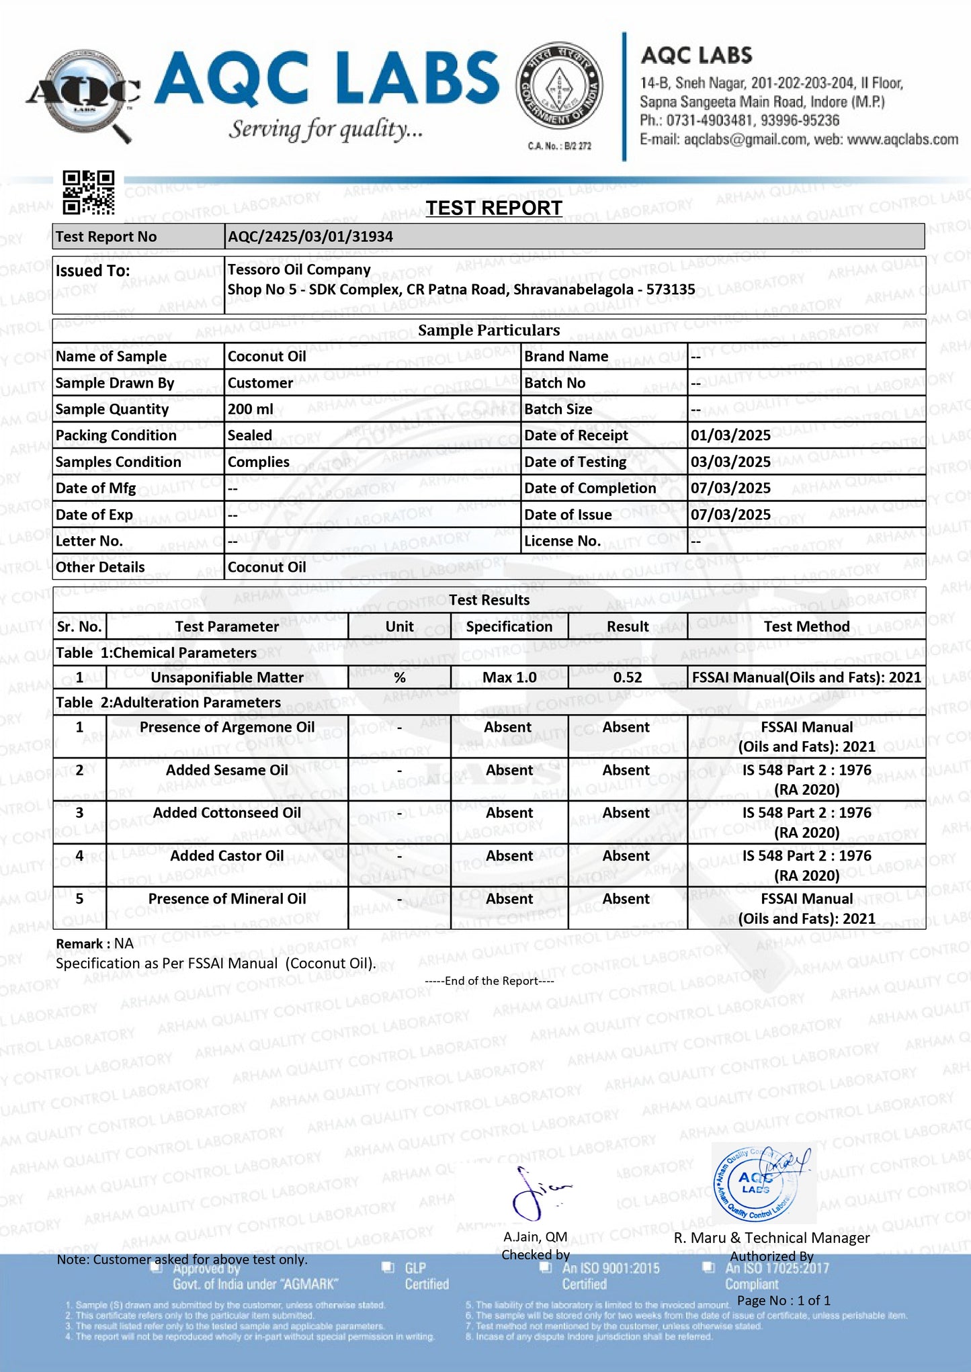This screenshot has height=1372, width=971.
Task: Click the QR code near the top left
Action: coord(88,192)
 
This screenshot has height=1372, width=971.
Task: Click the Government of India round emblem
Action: coord(559,87)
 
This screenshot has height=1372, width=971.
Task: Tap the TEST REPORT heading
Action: coord(494,208)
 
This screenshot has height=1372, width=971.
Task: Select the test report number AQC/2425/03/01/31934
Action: coord(310,237)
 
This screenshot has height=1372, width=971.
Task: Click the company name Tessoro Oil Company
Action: coord(299,269)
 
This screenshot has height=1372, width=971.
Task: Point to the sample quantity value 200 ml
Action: coord(250,409)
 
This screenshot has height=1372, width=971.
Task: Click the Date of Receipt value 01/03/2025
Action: coord(730,435)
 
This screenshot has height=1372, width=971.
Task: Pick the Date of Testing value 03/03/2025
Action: coord(730,462)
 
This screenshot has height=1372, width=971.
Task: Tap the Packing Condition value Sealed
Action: coord(250,435)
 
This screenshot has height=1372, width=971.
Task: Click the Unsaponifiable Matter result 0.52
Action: coord(628,677)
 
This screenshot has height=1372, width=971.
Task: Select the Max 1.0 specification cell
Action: coord(509,677)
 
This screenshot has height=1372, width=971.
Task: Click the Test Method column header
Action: coord(806,626)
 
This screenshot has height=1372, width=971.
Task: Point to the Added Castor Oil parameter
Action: coord(226,856)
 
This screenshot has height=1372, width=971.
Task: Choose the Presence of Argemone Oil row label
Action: coord(226,727)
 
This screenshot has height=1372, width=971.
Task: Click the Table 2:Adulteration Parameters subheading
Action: coord(168,702)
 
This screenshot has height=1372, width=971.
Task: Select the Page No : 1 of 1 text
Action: coord(784,1300)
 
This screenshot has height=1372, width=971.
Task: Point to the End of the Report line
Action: coord(489,981)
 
